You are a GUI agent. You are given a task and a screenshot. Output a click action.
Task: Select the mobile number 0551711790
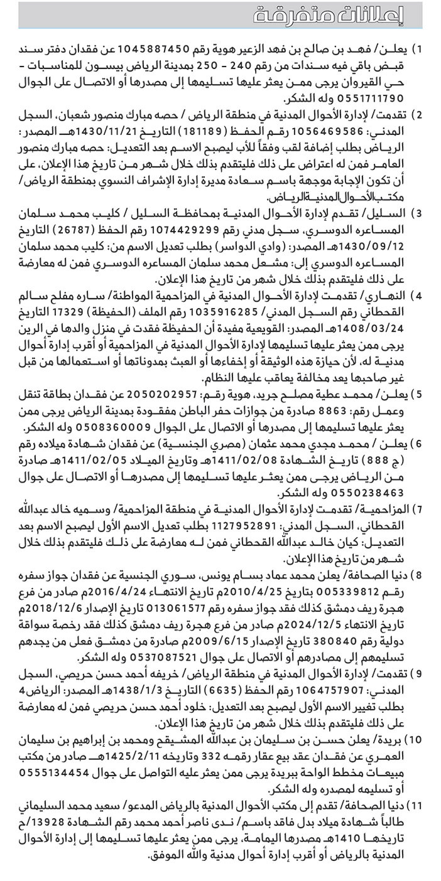pos(365,99)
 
